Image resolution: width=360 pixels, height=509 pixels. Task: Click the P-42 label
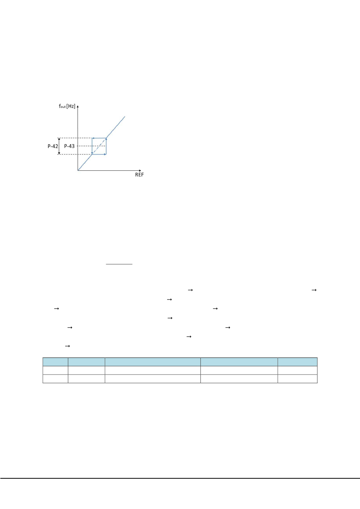[x=53, y=146]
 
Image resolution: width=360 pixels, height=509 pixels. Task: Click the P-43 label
[x=69, y=146]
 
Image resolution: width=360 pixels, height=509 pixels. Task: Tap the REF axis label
[x=139, y=175]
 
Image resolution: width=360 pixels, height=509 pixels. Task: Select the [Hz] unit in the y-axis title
[x=71, y=106]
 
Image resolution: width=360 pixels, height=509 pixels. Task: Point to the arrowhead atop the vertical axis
[x=78, y=106]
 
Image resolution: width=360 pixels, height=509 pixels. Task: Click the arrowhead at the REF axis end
[x=140, y=170]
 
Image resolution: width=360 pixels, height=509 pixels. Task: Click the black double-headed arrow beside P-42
[x=59, y=146]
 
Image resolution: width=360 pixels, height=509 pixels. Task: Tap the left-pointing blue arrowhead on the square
[x=93, y=138]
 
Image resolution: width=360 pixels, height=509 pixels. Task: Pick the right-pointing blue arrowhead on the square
[x=105, y=154]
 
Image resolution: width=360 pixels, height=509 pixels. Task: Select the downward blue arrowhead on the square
[x=92, y=153]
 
